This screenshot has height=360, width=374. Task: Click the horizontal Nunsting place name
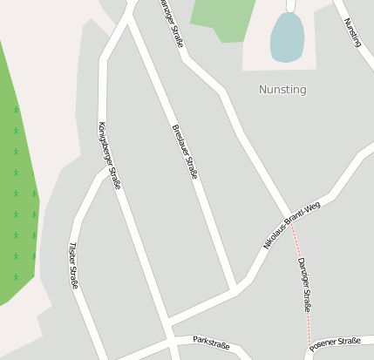click(x=282, y=89)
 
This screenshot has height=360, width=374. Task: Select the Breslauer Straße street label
click(x=185, y=153)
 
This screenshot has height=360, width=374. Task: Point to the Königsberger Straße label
click(x=110, y=156)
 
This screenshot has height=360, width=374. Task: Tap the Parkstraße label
click(x=211, y=344)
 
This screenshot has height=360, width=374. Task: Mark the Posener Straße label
click(x=335, y=343)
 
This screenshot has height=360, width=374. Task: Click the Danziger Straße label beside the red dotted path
click(x=304, y=284)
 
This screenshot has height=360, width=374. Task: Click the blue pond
click(x=287, y=38)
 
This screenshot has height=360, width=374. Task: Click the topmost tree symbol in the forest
click(x=16, y=110)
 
